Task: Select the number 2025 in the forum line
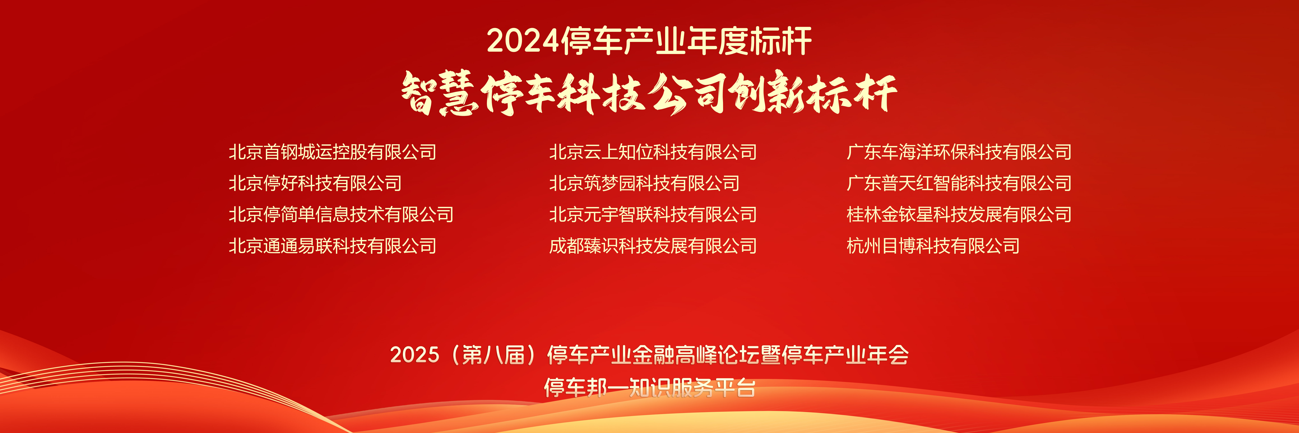coord(415,355)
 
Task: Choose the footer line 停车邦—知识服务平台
coord(649,388)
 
